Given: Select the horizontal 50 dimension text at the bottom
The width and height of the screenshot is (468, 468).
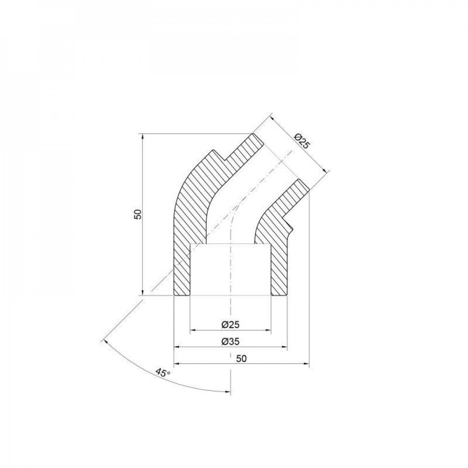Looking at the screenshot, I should click(x=241, y=358).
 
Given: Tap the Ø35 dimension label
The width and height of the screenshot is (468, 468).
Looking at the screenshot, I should click(x=230, y=342).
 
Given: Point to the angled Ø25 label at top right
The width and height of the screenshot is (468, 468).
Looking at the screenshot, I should click(x=302, y=141).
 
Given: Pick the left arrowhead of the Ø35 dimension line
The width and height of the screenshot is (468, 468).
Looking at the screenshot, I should click(x=176, y=347).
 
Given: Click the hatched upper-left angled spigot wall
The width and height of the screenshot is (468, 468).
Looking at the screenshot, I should click(x=241, y=150).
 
